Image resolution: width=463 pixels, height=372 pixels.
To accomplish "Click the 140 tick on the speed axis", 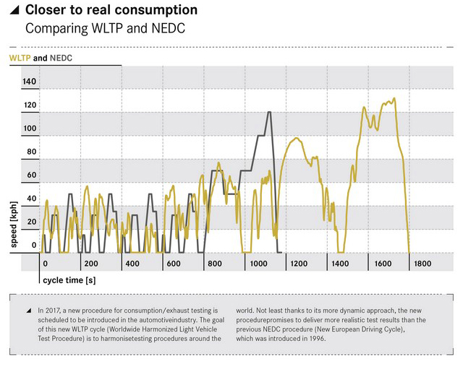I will click(29, 82).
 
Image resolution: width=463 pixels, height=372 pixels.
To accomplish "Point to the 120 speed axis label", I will click(29, 105).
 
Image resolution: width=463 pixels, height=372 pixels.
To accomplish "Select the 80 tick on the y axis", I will click(31, 152).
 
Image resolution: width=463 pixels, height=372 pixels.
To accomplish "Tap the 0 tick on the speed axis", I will click(33, 246).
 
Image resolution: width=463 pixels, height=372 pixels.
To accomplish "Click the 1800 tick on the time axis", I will click(422, 264).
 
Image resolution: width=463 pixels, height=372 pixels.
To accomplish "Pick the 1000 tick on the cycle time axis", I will click(258, 264).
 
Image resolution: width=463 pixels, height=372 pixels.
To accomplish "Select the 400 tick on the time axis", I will click(132, 264).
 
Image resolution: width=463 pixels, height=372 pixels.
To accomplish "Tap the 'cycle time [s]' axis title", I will click(69, 279).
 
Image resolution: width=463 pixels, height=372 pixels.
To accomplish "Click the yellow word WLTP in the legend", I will click(20, 57).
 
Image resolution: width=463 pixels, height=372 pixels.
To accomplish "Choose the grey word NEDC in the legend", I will click(61, 57).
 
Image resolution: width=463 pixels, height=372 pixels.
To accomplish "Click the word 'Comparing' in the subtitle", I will click(54, 29).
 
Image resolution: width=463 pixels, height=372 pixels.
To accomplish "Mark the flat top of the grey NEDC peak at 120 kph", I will click(269, 112).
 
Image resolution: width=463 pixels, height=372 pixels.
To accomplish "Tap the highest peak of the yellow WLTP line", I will click(394, 98).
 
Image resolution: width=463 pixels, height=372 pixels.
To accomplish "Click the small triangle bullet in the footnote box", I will click(28, 310).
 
